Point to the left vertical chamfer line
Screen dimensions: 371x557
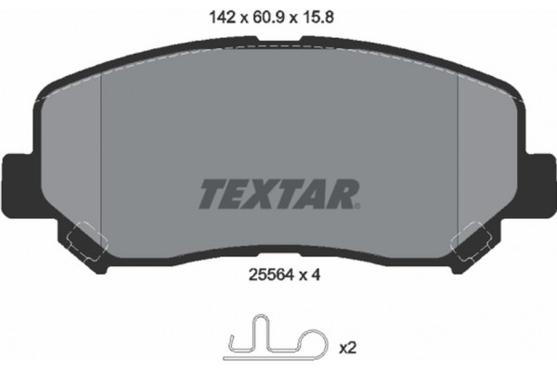pyautogui.click(x=99, y=158)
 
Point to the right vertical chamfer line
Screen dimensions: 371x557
pyautogui.click(x=458, y=158)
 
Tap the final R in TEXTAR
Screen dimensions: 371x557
pyautogui.click(x=344, y=194)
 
